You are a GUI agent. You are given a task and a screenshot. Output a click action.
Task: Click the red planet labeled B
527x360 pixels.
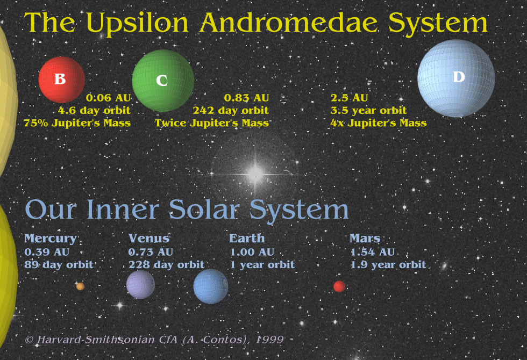click(x=61, y=80)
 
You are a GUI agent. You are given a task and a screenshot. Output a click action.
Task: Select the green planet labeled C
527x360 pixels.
click(x=163, y=81)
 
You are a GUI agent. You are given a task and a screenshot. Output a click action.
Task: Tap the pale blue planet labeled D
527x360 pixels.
click(x=456, y=78)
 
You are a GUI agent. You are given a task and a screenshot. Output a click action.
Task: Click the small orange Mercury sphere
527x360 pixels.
click(x=80, y=286)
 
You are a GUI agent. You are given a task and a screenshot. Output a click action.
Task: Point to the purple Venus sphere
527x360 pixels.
click(x=140, y=284)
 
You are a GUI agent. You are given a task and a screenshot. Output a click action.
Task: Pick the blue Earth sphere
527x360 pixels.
click(x=211, y=286)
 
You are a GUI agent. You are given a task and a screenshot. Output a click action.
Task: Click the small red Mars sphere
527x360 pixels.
click(x=339, y=286)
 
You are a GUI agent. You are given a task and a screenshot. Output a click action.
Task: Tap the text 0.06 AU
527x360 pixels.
click(x=109, y=98)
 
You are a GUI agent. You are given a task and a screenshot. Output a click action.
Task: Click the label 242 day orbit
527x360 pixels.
click(x=231, y=111)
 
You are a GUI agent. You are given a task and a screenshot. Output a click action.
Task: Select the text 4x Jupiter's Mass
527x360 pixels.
click(x=379, y=123)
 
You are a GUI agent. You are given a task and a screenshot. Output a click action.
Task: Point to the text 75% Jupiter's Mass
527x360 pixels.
click(x=77, y=123)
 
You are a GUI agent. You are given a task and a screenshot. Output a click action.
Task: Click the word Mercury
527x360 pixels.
click(x=51, y=239)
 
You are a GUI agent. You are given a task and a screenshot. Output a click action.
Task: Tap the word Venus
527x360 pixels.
click(x=149, y=239)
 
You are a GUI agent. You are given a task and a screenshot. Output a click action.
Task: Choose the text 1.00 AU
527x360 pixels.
click(x=252, y=252)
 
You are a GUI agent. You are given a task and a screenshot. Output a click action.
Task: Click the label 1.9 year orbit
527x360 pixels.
click(x=388, y=265)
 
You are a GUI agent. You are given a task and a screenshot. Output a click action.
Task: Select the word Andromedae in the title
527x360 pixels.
click(x=289, y=23)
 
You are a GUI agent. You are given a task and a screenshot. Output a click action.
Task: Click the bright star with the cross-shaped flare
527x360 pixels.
click(x=255, y=174)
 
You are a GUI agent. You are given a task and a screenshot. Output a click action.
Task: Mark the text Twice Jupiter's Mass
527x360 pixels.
click(x=212, y=123)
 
